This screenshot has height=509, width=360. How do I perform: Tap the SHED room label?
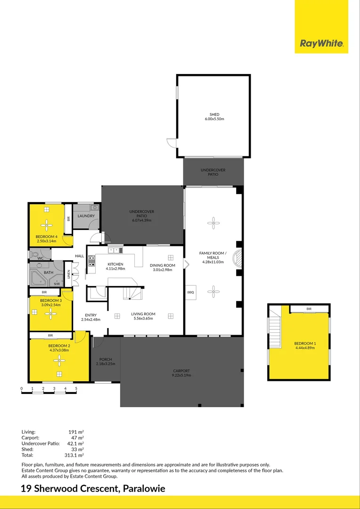(x=214, y=115)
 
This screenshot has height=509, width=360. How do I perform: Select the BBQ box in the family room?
(x=191, y=292)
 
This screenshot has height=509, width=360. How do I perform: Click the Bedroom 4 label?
(x=46, y=237)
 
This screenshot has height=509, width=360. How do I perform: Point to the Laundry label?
(x=86, y=216)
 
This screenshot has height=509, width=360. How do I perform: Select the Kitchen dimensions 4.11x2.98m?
(x=115, y=269)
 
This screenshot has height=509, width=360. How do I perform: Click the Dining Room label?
(x=163, y=265)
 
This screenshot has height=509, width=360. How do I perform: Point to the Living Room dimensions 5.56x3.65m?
(x=143, y=319)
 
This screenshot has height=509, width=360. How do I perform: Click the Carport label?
(x=181, y=371)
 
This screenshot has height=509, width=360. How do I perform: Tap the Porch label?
(x=105, y=360)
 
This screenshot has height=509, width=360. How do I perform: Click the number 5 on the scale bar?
(x=76, y=389)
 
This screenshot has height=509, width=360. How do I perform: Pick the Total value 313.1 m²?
(x=74, y=456)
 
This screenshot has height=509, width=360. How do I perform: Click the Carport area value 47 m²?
(x=77, y=437)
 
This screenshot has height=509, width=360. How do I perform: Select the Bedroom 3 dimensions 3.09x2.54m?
(x=51, y=305)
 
